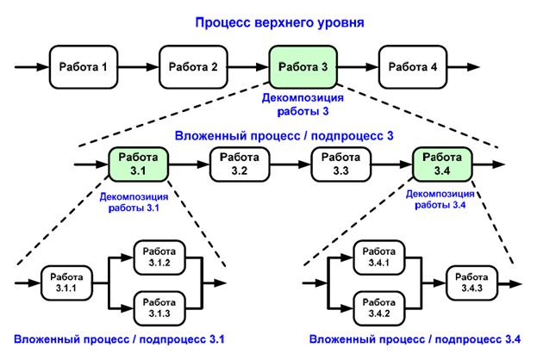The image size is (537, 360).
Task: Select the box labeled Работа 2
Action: coord(192,67)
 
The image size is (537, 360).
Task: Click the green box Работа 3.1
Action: coord(139,164)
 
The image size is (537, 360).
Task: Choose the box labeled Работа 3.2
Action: coord(239,164)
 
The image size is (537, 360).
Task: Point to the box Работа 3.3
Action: coord(340,164)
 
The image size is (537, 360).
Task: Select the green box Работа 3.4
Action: coord(442,164)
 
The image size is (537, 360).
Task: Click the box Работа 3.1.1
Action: coord(67,282)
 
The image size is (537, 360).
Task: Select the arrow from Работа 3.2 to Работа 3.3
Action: coord(290,164)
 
